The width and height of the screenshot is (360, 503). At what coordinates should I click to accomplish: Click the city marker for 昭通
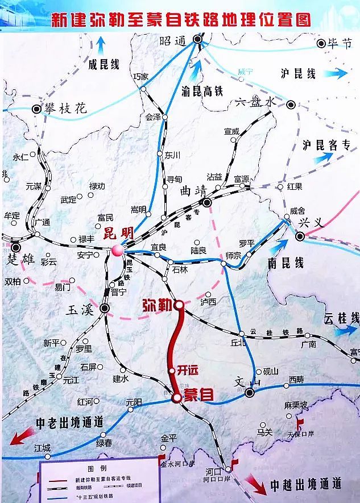click(197, 39)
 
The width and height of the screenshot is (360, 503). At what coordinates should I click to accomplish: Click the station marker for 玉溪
click(105, 308)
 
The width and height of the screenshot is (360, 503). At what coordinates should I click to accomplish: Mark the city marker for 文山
click(249, 393)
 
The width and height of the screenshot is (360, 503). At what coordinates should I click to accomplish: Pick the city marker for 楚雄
click(15, 247)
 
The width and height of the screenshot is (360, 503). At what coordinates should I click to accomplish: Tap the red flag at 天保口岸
click(299, 423)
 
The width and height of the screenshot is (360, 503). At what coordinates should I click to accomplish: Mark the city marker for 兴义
click(300, 236)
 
